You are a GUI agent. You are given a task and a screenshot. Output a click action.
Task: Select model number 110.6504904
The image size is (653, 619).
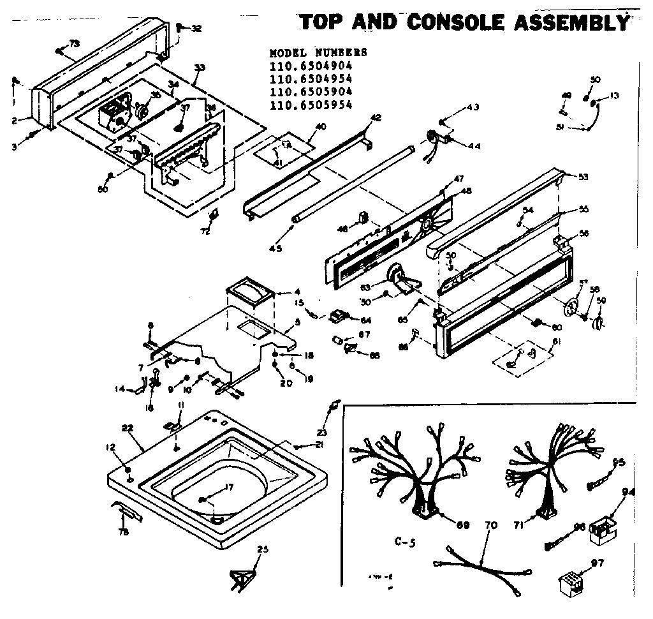click(x=311, y=66)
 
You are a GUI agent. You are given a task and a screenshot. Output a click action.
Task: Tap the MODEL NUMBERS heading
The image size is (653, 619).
click(x=318, y=52)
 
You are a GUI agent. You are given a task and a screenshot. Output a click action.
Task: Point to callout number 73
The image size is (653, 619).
click(x=74, y=43)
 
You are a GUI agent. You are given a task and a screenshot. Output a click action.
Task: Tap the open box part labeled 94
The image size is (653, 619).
click(x=601, y=530)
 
